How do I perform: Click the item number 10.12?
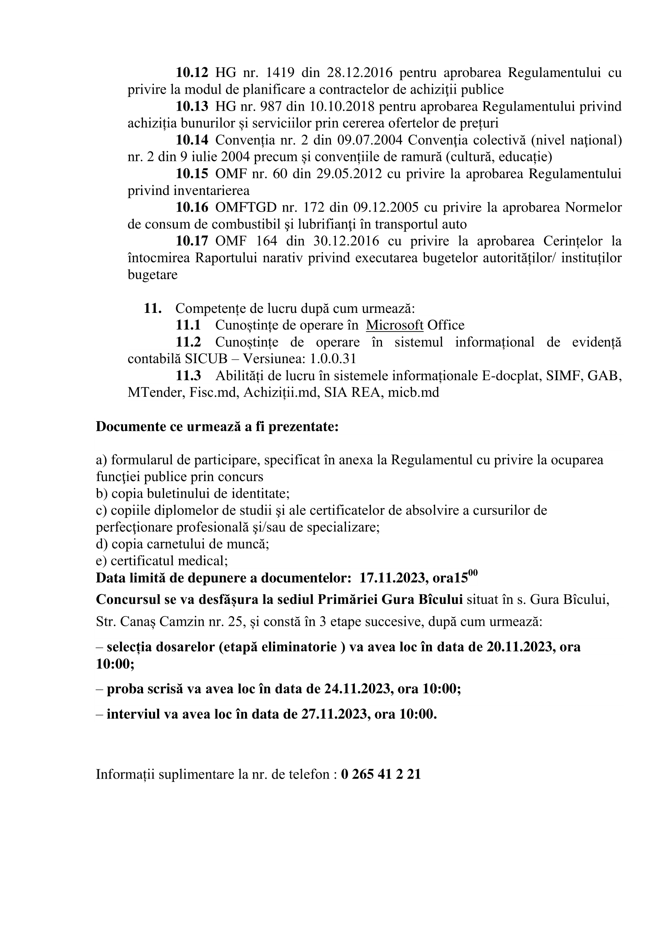(x=192, y=73)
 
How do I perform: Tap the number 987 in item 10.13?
(x=271, y=107)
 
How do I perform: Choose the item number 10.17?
(x=192, y=241)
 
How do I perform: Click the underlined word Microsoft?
(x=395, y=325)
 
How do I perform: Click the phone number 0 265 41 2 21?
(x=381, y=774)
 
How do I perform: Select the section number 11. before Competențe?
(x=152, y=308)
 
